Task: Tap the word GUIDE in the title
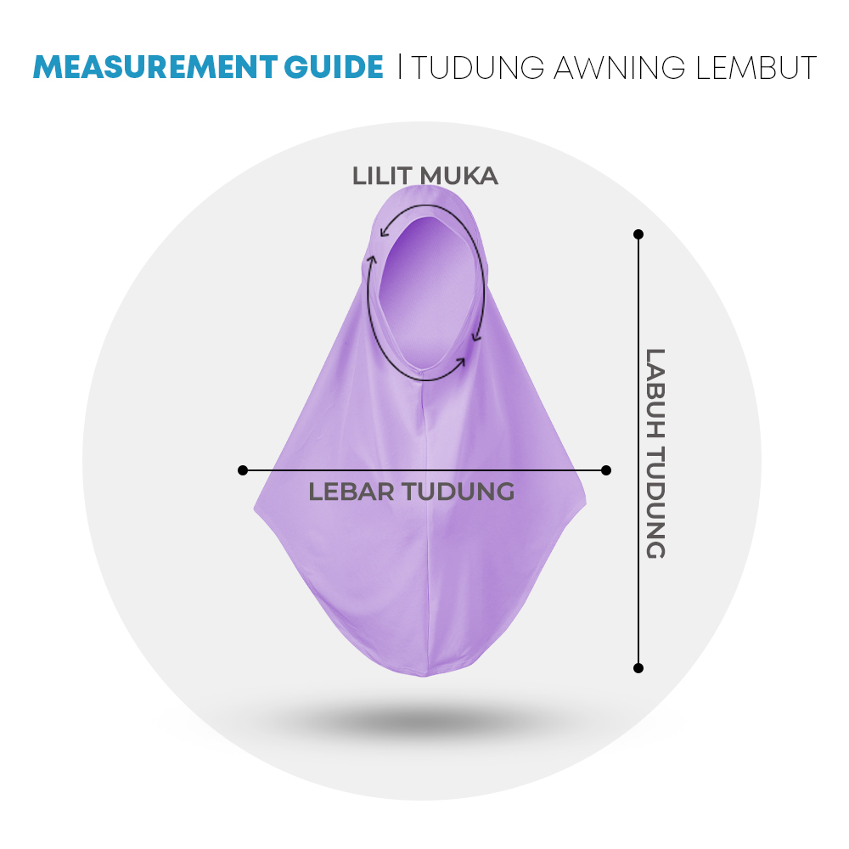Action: (334, 67)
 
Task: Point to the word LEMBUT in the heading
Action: (756, 68)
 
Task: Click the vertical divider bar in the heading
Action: (400, 66)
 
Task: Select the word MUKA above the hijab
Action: (458, 176)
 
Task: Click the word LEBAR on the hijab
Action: (351, 492)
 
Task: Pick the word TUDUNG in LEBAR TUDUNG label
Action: (458, 492)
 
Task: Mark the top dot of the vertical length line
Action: (638, 234)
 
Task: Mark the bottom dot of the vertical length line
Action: (638, 668)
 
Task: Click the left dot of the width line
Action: (243, 470)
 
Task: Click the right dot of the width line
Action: (606, 470)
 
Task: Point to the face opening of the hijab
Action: (427, 292)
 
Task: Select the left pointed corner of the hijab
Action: (255, 508)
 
